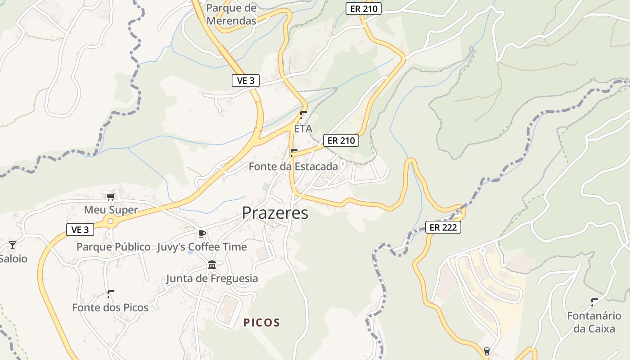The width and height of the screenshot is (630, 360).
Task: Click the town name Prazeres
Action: (x=275, y=213)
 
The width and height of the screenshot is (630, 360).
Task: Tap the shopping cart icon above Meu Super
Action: (x=110, y=197)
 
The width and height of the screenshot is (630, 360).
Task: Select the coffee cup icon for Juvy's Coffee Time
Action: (x=202, y=234)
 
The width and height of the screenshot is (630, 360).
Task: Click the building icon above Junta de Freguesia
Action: (x=212, y=265)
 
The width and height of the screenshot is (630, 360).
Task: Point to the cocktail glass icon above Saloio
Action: (x=13, y=245)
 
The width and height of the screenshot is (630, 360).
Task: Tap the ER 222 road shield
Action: (x=443, y=227)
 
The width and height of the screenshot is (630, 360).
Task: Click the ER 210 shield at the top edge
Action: (x=363, y=8)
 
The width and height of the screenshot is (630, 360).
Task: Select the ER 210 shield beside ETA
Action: (x=341, y=140)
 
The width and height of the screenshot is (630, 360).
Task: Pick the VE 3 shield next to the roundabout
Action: (x=80, y=229)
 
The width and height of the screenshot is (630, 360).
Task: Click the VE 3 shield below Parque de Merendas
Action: (x=246, y=81)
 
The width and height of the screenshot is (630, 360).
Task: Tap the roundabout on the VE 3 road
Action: (x=110, y=221)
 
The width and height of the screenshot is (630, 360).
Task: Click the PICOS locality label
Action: (x=262, y=323)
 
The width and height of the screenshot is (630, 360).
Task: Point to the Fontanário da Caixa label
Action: (x=594, y=322)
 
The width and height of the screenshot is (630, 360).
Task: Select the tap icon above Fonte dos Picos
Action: (x=110, y=294)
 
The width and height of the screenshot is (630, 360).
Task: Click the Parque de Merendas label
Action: (x=231, y=14)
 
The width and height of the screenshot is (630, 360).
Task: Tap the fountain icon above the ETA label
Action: (x=303, y=115)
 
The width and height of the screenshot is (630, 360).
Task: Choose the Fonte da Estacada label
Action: (x=293, y=166)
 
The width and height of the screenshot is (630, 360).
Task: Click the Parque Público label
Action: (x=113, y=247)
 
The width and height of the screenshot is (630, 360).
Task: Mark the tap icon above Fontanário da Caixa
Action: (x=594, y=302)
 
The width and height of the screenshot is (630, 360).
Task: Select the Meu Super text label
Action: (x=111, y=210)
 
